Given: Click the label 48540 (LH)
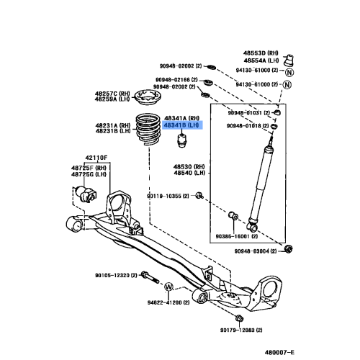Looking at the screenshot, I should point(189,174).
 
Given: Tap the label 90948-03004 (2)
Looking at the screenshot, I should point(258,251).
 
